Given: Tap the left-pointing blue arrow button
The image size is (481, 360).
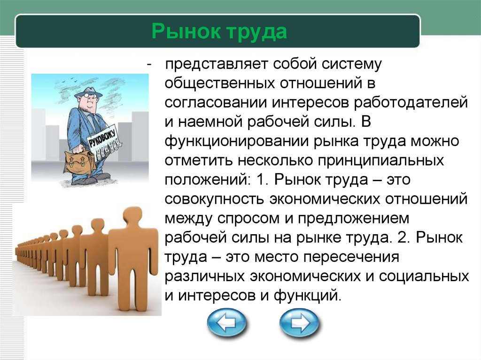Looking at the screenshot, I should [x=227, y=323].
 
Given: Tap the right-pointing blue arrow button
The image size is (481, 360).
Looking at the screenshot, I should [x=299, y=323].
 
